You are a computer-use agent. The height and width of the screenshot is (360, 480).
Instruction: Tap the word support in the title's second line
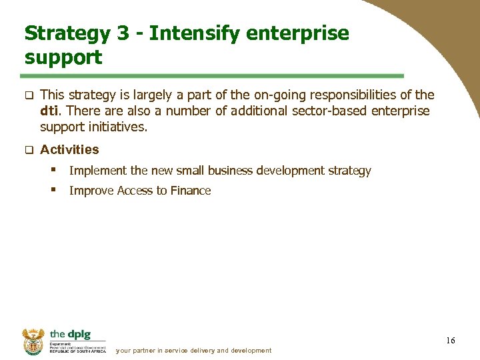63,57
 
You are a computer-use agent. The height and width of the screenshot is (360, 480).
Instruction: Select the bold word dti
51,111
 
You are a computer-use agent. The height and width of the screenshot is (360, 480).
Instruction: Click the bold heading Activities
69,149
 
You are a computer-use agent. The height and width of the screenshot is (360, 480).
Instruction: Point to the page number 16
451,341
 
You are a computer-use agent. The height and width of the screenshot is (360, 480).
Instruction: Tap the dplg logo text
69,334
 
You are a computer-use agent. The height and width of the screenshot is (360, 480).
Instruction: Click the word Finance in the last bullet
191,191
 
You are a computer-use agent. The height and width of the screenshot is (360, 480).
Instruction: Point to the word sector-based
331,111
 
